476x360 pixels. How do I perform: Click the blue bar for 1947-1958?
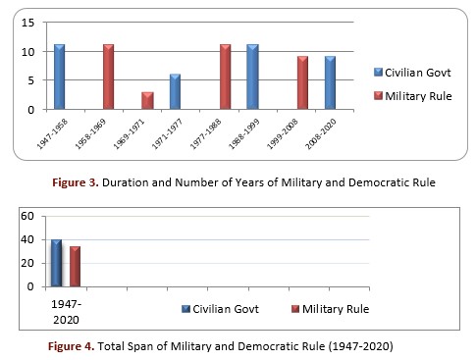pyautogui.click(x=59, y=77)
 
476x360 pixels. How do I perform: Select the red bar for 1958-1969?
pyautogui.click(x=108, y=77)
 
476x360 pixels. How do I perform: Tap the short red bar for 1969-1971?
pyautogui.click(x=147, y=100)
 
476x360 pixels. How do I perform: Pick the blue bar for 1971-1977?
pyautogui.click(x=175, y=91)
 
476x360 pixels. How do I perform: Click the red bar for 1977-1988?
pyautogui.click(x=225, y=77)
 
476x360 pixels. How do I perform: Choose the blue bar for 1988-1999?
pyautogui.click(x=252, y=77)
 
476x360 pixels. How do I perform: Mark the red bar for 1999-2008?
pyautogui.click(x=302, y=82)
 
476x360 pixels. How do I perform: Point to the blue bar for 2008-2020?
pyautogui.click(x=330, y=82)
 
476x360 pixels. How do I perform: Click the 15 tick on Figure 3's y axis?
pyautogui.click(x=27, y=23)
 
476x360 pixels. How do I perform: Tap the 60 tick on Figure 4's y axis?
pyautogui.click(x=27, y=216)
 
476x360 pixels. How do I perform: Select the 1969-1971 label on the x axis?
pyautogui.click(x=129, y=134)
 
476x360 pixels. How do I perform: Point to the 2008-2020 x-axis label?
pyautogui.click(x=321, y=134)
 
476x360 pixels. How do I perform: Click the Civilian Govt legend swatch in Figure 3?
pyautogui.click(x=378, y=73)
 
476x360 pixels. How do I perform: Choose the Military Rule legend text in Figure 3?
pyautogui.click(x=418, y=96)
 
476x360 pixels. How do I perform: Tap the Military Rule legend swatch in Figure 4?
pyautogui.click(x=295, y=309)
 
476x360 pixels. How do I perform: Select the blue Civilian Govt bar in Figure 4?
pyautogui.click(x=56, y=263)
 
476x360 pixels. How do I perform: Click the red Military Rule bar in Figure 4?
pyautogui.click(x=75, y=267)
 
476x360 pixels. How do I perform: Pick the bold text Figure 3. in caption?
pyautogui.click(x=76, y=182)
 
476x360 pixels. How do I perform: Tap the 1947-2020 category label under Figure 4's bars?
pyautogui.click(x=66, y=312)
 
